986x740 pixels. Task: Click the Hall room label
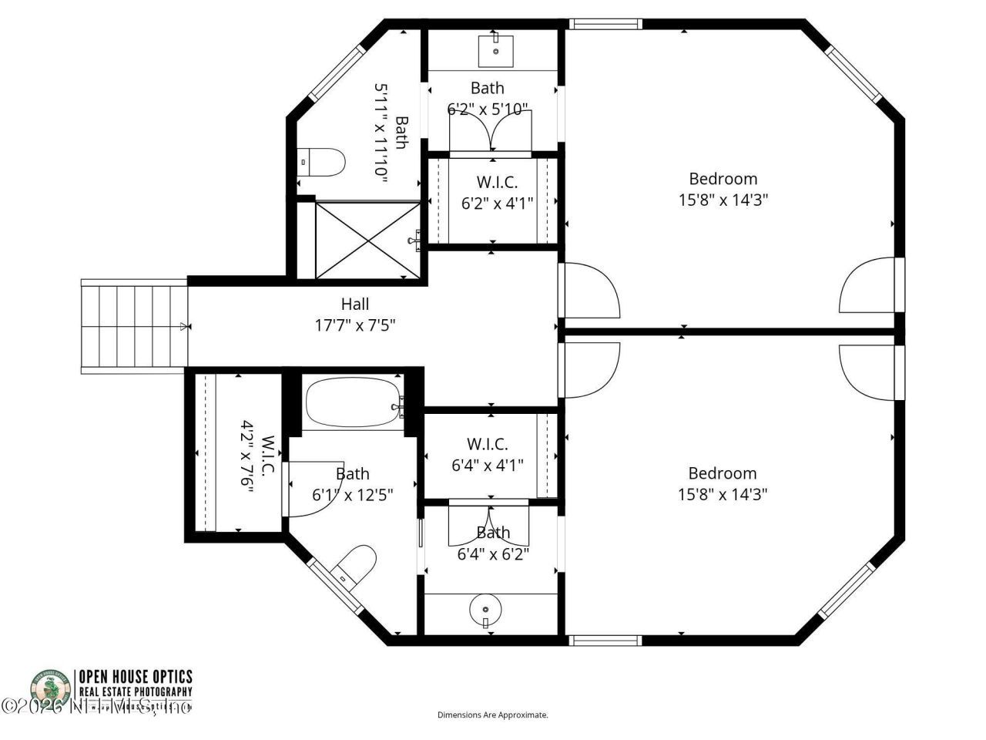(355, 304)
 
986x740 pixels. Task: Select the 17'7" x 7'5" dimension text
(355, 325)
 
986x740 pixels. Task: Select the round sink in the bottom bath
(486, 609)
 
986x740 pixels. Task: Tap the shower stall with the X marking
(367, 240)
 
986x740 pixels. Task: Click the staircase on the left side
(134, 326)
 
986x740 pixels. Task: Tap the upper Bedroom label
(723, 179)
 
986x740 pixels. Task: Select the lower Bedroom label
(723, 473)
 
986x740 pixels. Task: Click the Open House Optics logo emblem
(51, 689)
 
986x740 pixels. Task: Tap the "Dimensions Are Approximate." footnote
(493, 715)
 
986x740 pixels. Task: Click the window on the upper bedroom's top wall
(605, 24)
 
